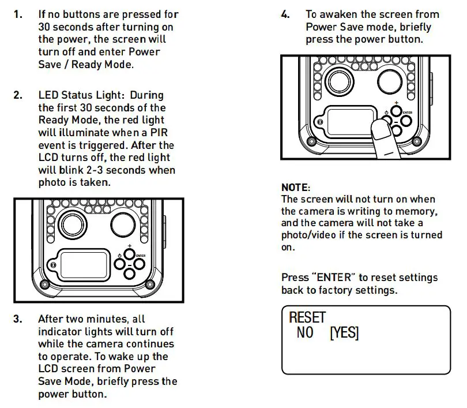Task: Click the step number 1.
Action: [x=18, y=14]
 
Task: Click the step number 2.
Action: [x=18, y=95]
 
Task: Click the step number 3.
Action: [x=18, y=319]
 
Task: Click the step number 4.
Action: [x=285, y=14]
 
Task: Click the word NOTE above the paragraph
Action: [x=295, y=188]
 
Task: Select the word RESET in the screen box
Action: [x=307, y=317]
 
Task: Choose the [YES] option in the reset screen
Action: [x=344, y=333]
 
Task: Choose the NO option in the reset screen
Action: [x=305, y=333]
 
